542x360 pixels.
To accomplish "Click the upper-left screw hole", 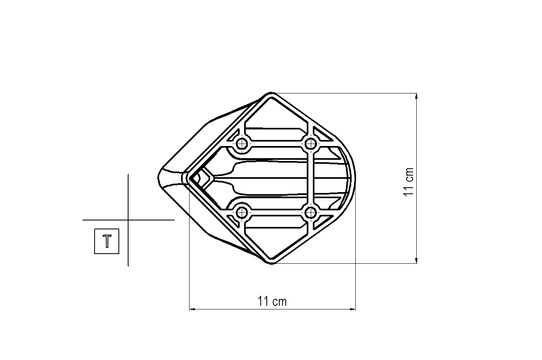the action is click(241, 144).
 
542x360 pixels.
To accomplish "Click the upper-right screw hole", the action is click(310, 144).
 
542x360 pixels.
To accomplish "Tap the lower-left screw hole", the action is click(241, 213).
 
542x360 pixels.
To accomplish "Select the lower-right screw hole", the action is click(310, 213).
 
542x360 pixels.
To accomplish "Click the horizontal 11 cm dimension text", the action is click(272, 302).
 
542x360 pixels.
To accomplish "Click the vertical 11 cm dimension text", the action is click(409, 182).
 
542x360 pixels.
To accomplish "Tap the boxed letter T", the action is click(107, 241).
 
